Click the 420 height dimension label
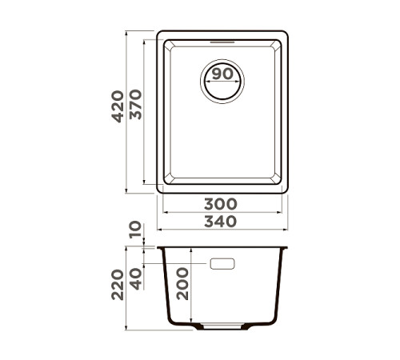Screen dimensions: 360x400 pyautogui.click(x=118, y=106)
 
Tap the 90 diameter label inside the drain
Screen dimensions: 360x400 pyautogui.click(x=223, y=74)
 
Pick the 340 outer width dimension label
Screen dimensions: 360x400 pyautogui.click(x=223, y=222)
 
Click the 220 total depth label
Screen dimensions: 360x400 pyautogui.click(x=118, y=284)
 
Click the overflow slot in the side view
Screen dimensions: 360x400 pyautogui.click(x=222, y=263)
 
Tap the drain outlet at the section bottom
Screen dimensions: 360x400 pyautogui.click(x=223, y=327)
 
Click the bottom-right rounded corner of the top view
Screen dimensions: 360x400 pyautogui.click(x=284, y=188)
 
